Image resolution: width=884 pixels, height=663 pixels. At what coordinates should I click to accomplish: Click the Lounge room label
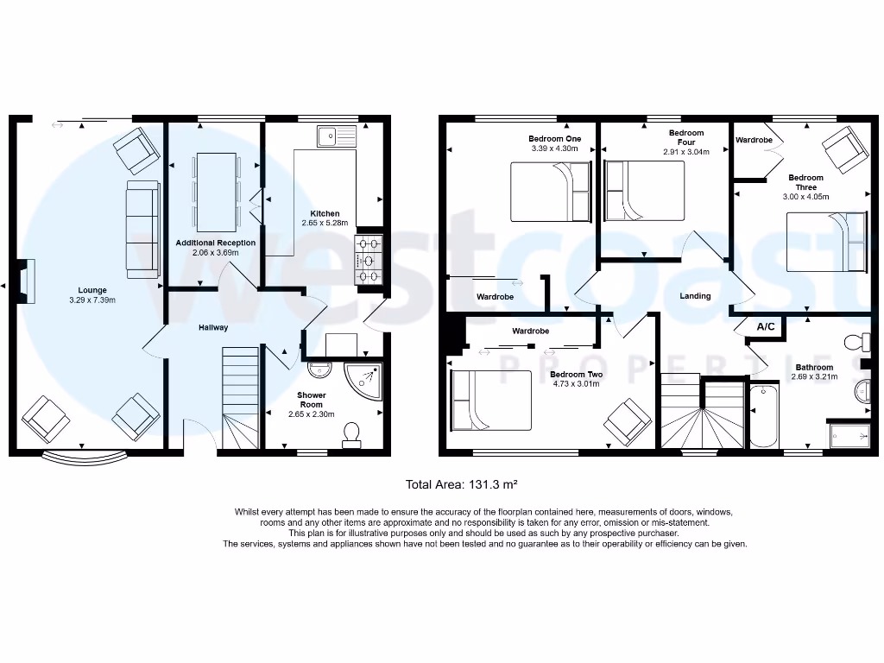[92, 290]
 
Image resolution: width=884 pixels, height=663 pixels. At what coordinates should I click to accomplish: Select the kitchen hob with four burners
[369, 258]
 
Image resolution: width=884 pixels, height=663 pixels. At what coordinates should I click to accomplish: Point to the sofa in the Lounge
[142, 229]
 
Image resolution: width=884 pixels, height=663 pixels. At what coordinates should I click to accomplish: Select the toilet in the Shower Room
[351, 434]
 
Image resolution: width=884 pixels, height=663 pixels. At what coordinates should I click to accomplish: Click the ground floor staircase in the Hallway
[239, 397]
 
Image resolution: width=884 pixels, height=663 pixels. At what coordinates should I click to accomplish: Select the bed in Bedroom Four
[644, 191]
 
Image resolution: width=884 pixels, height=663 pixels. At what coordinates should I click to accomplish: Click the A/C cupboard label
[765, 326]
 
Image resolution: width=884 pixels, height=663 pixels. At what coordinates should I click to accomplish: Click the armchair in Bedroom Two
[628, 422]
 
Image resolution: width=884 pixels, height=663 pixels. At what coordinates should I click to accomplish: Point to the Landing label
[695, 296]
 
